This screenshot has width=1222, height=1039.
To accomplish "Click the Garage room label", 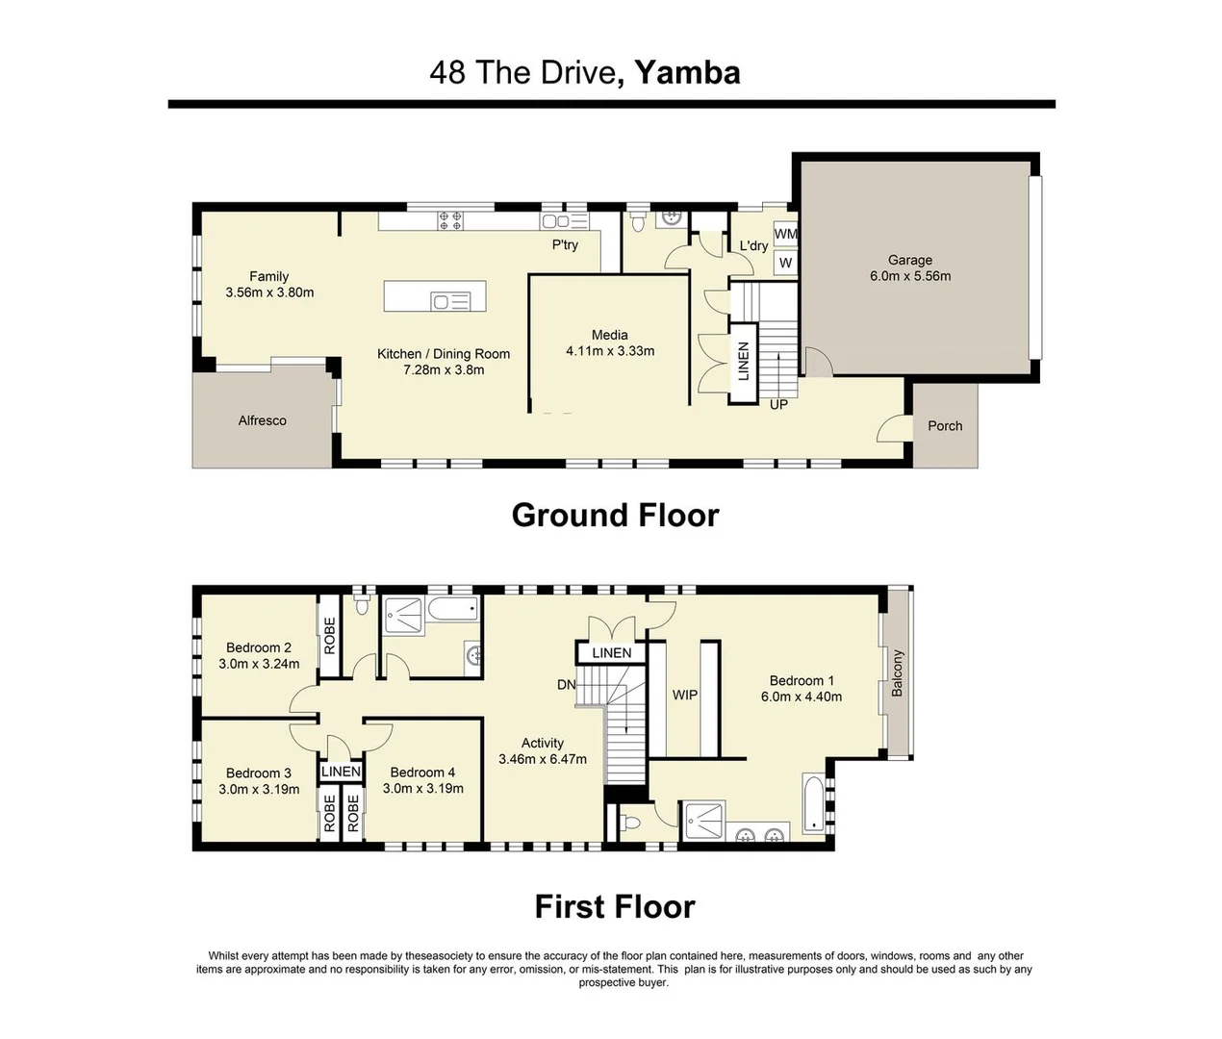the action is [x=910, y=260].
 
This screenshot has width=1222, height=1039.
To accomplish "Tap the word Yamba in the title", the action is [x=687, y=73].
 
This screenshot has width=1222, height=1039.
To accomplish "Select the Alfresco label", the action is [x=262, y=420].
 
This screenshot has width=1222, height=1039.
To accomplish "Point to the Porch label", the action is [x=945, y=425].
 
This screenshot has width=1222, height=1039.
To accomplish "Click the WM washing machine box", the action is [x=785, y=234].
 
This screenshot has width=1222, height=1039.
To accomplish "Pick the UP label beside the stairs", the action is [x=778, y=405].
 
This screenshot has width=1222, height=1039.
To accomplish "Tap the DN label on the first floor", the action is [x=567, y=684].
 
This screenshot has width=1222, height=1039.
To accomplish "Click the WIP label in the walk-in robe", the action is [x=684, y=695].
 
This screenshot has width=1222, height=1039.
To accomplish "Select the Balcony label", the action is [x=897, y=673].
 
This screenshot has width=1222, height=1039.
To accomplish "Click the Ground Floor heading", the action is [x=615, y=515].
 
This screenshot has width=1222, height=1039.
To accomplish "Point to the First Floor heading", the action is [x=615, y=906].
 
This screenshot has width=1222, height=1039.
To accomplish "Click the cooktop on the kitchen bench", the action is [x=450, y=220].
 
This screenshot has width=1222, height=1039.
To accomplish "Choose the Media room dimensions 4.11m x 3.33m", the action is [x=610, y=351].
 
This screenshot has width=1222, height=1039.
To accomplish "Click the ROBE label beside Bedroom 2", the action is [x=330, y=635].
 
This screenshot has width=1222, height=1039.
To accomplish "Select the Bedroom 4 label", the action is [x=422, y=773].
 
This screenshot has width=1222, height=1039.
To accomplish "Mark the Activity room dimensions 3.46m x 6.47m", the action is [x=543, y=759].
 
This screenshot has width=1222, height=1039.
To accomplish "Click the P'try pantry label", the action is [x=565, y=244].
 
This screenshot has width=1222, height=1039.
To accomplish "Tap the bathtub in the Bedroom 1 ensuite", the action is [x=813, y=803].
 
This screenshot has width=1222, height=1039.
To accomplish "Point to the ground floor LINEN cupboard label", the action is [x=744, y=362].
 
